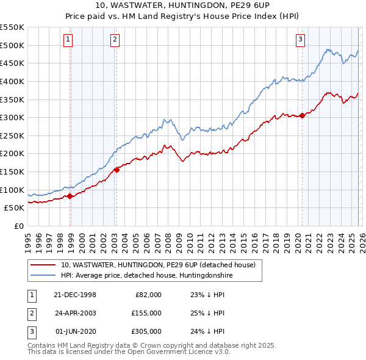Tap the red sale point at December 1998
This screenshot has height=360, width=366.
[70, 196]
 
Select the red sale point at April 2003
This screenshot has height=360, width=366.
[117, 170]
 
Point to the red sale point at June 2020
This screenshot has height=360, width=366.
[302, 115]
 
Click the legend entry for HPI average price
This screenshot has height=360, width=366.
[146, 276]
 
